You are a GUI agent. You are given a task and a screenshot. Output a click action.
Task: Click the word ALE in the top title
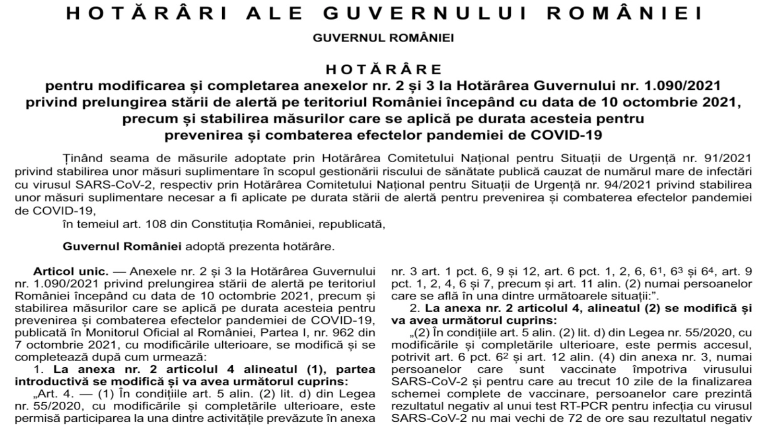click(275, 13)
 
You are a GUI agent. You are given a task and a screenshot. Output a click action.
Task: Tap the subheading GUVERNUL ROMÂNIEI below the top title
click(383, 38)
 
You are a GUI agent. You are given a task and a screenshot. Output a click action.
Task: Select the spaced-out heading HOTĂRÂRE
click(384, 70)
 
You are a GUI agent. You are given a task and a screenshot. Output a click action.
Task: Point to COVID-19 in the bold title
click(566, 135)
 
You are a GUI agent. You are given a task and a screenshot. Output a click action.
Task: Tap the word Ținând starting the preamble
click(83, 158)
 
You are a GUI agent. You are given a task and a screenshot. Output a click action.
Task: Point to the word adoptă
click(205, 247)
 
